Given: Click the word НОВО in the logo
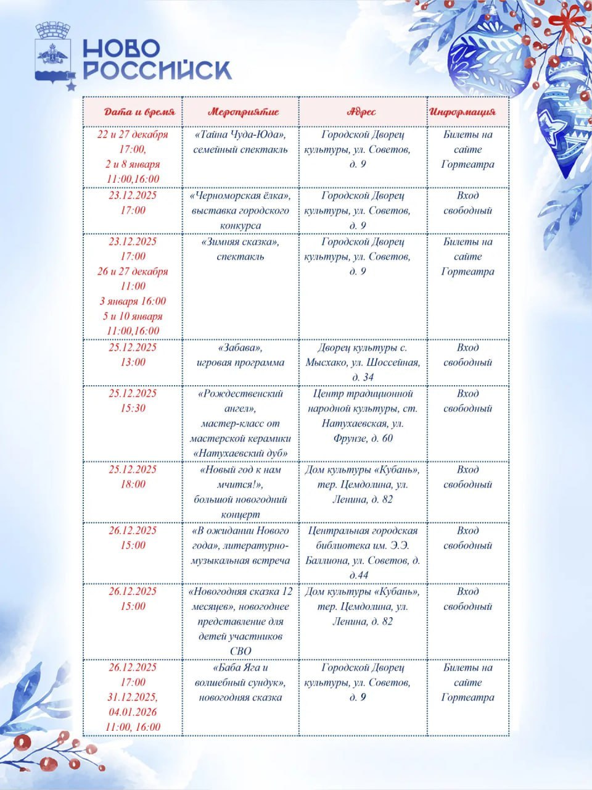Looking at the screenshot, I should [121, 49].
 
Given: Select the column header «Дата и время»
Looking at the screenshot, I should [139, 112].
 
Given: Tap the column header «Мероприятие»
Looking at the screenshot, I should [243, 112].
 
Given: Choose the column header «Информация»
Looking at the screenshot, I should [462, 112].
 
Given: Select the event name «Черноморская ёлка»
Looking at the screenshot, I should [240, 196].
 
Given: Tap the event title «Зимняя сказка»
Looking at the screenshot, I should [240, 242].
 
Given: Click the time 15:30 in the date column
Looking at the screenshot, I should [133, 409].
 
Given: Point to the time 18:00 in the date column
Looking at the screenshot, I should [133, 484].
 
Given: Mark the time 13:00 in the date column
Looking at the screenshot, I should [133, 362].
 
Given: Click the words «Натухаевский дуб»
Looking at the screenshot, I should [240, 454].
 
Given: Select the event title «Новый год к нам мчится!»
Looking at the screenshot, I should [240, 477].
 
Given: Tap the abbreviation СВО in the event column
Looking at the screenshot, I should [240, 651].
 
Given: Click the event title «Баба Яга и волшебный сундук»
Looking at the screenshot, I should [240, 675].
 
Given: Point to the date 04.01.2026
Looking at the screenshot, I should [133, 712].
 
